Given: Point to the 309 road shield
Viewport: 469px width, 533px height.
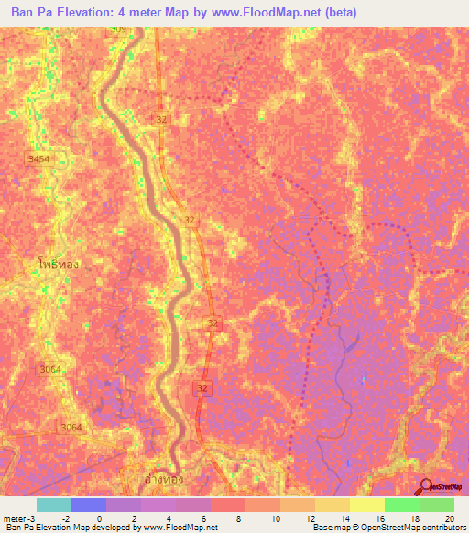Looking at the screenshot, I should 118,29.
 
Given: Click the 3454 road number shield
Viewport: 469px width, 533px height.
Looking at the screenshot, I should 38,159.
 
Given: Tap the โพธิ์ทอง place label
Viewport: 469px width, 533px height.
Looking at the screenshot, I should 59,264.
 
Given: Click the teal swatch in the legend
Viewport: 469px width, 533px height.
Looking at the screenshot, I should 53,505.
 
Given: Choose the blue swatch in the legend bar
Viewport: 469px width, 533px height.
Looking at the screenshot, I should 88,505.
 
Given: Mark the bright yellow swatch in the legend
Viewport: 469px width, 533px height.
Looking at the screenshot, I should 366,505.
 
